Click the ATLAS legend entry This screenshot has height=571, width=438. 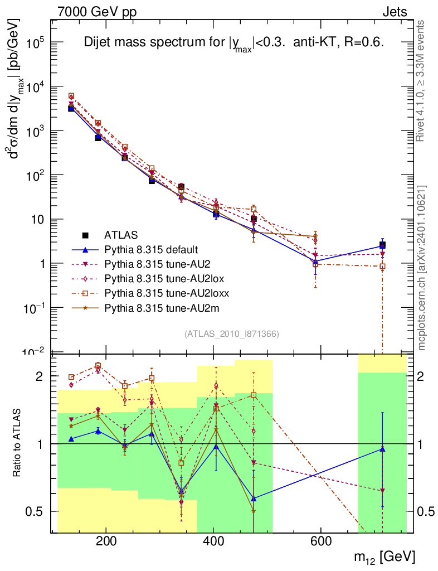121,235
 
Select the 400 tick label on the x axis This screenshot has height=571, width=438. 213,541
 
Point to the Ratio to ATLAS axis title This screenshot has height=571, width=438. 19,444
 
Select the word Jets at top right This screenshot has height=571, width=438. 394,12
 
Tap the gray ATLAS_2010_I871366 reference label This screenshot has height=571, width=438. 231,333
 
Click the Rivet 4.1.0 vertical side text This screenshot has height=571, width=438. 422,81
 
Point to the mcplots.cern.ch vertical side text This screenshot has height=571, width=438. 422,268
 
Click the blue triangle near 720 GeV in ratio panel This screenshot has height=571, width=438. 382,449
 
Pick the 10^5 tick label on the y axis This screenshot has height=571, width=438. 35,43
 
